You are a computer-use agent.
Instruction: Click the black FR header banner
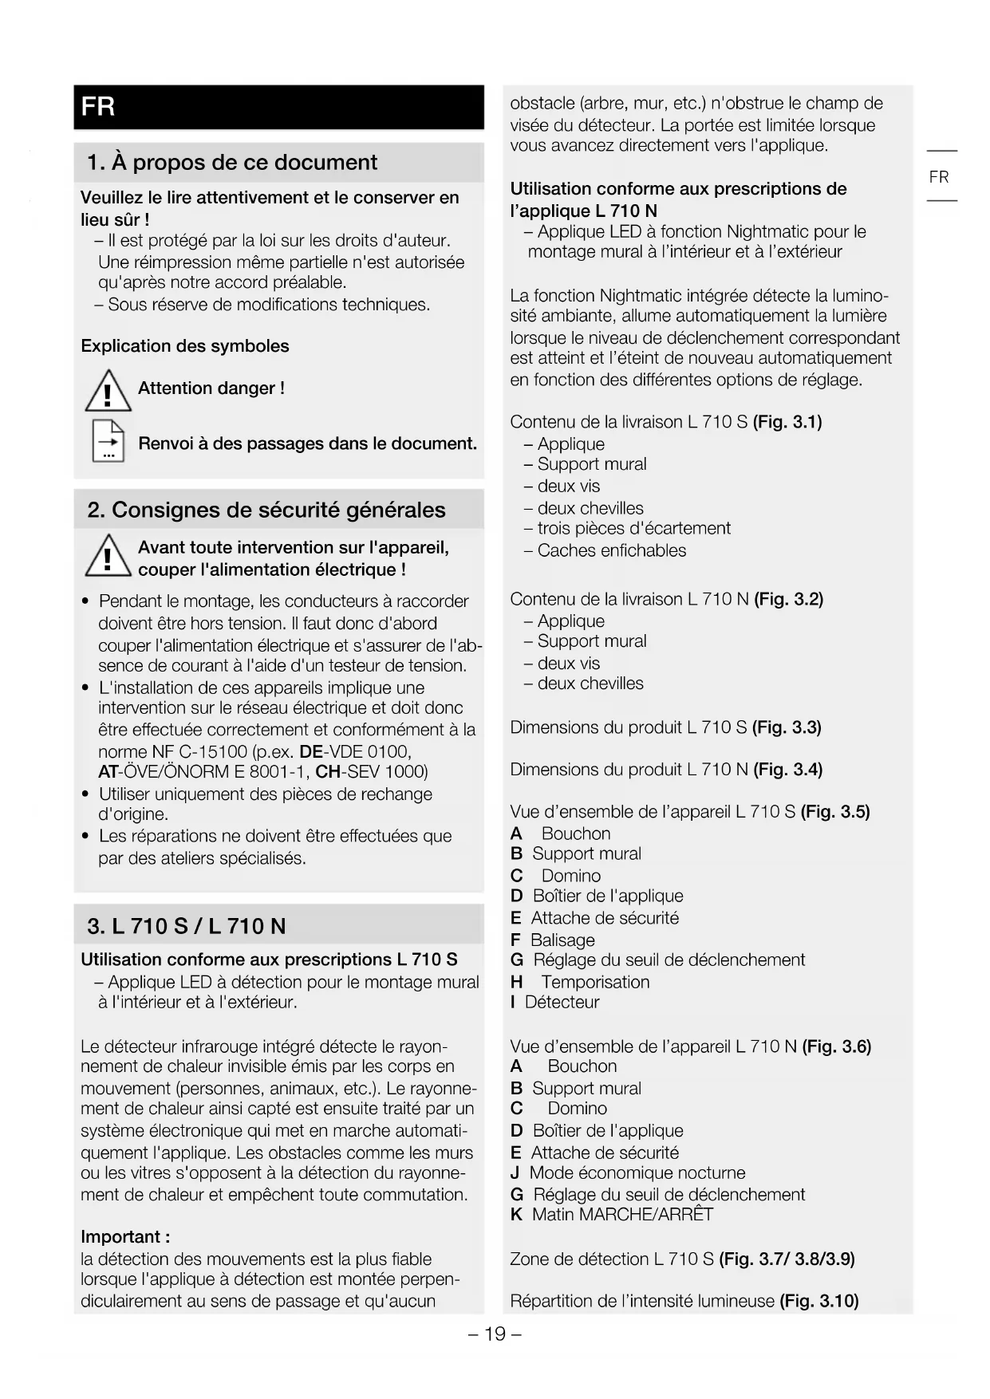click(278, 107)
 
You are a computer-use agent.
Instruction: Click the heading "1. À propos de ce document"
click(231, 163)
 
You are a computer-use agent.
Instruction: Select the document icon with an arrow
click(108, 441)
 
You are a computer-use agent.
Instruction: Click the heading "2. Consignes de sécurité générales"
click(266, 510)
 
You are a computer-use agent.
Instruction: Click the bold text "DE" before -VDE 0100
click(310, 752)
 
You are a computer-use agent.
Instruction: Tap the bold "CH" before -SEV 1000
click(328, 772)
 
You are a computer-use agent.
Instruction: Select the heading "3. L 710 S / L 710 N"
click(187, 926)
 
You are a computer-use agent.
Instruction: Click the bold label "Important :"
click(125, 1237)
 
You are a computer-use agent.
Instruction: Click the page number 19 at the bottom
click(495, 1334)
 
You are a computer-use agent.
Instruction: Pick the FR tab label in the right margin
click(939, 177)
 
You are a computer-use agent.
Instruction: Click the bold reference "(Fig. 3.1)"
click(787, 422)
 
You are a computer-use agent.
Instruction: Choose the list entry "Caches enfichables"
click(611, 550)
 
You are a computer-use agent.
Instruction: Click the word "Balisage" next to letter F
click(562, 940)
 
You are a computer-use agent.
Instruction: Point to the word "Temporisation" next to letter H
click(595, 982)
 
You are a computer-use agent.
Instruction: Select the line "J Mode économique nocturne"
click(628, 1173)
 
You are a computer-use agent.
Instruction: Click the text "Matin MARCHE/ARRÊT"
click(622, 1215)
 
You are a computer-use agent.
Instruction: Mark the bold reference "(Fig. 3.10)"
click(818, 1301)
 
